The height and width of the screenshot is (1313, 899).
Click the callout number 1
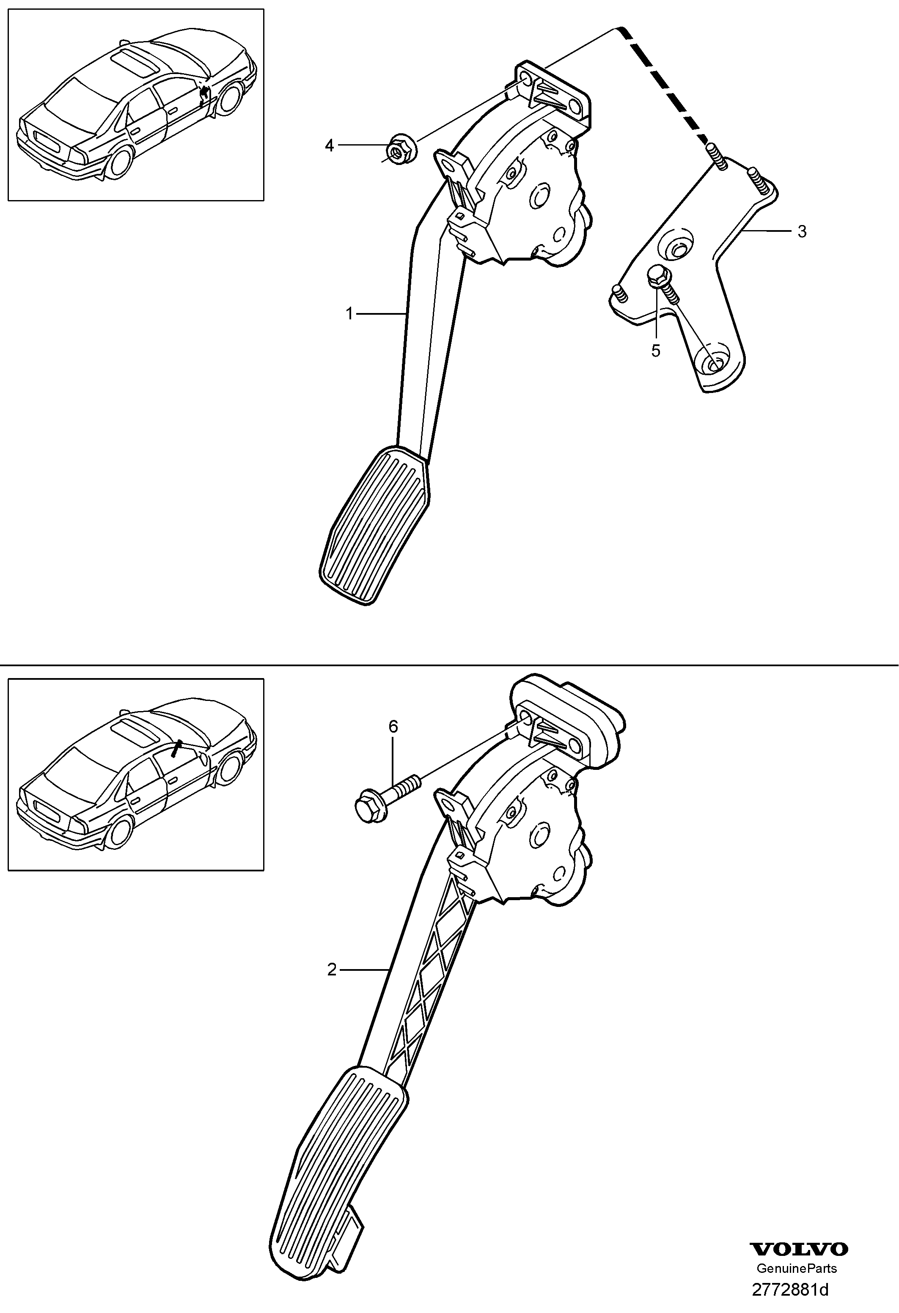tap(349, 313)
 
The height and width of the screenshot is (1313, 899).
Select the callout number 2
tap(332, 970)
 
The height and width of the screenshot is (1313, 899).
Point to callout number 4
tap(330, 146)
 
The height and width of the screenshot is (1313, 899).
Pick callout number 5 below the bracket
tap(655, 351)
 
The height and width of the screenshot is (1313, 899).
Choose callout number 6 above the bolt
tap(393, 727)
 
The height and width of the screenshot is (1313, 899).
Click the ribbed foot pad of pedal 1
tap(374, 525)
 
